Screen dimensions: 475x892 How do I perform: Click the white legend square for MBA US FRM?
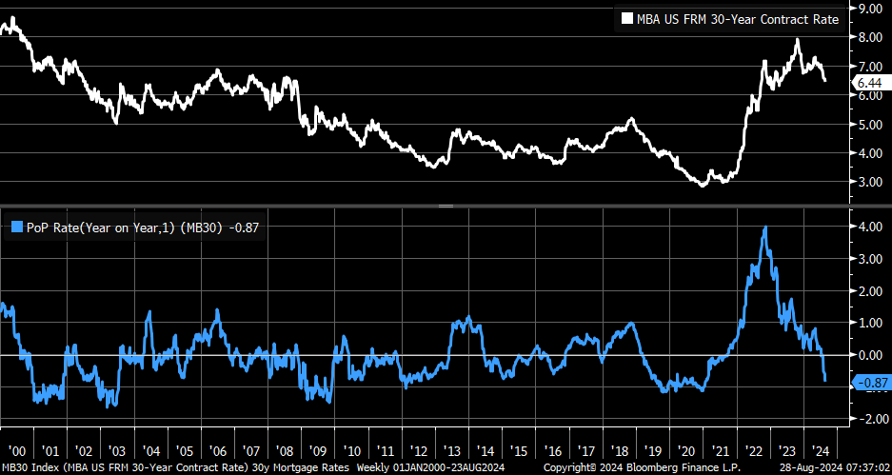pyautogui.click(x=627, y=18)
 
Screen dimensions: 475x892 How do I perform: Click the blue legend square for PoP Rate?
pyautogui.click(x=15, y=226)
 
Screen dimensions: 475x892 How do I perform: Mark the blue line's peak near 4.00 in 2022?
pyautogui.click(x=765, y=228)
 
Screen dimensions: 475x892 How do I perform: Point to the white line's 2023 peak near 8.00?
pyautogui.click(x=797, y=40)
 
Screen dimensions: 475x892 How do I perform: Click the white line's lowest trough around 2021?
pyautogui.click(x=703, y=185)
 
